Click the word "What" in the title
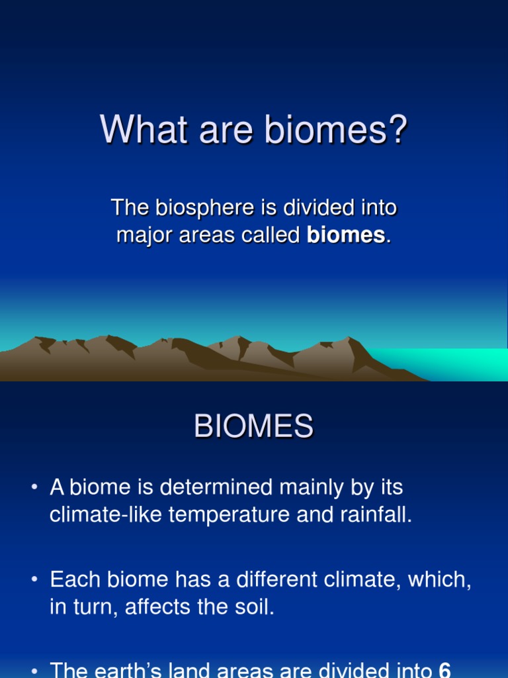(x=144, y=129)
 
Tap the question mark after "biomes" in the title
(x=398, y=128)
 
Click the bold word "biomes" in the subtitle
(x=345, y=235)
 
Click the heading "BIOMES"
(x=253, y=426)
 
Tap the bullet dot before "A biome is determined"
(x=34, y=487)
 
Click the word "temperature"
(x=229, y=515)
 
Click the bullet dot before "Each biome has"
(x=34, y=579)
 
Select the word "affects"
(x=157, y=606)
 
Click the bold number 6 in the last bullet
(x=444, y=669)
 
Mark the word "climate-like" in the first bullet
(x=105, y=514)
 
